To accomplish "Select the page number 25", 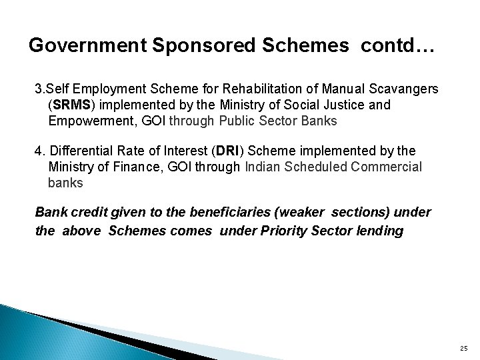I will pyautogui.click(x=463, y=347).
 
